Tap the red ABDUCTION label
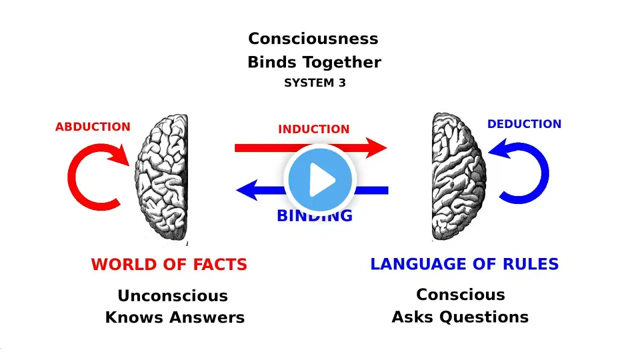click(92, 127)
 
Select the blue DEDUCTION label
click(524, 124)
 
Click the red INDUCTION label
click(313, 129)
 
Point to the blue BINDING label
click(315, 216)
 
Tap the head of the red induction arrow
click(377, 147)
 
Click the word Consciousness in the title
click(313, 38)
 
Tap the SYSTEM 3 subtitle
click(314, 83)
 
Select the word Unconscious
click(172, 295)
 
